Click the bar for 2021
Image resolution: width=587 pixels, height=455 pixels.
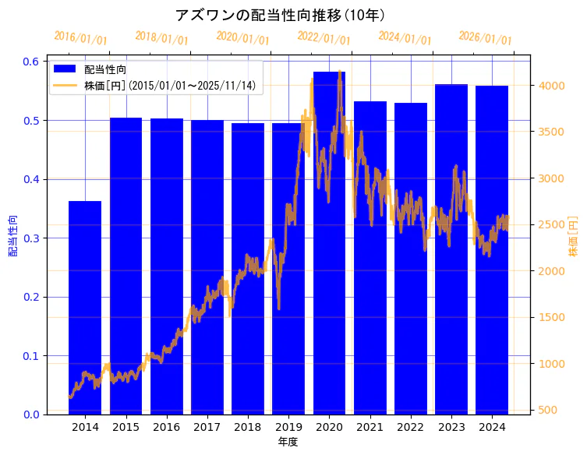point(370,258)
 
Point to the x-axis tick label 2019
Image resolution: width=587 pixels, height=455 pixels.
point(288,428)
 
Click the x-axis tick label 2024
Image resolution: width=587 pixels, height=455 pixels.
point(492,428)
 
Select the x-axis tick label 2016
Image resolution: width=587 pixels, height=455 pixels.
point(166,428)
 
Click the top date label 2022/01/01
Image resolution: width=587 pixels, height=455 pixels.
point(324,37)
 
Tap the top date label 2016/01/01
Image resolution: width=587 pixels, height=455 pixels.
point(80,37)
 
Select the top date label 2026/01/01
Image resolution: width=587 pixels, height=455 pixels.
point(485,37)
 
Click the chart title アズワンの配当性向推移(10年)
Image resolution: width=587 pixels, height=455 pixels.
point(280,15)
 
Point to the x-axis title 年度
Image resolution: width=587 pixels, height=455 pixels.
point(288,442)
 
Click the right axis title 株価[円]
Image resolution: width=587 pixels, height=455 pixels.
point(573,237)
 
